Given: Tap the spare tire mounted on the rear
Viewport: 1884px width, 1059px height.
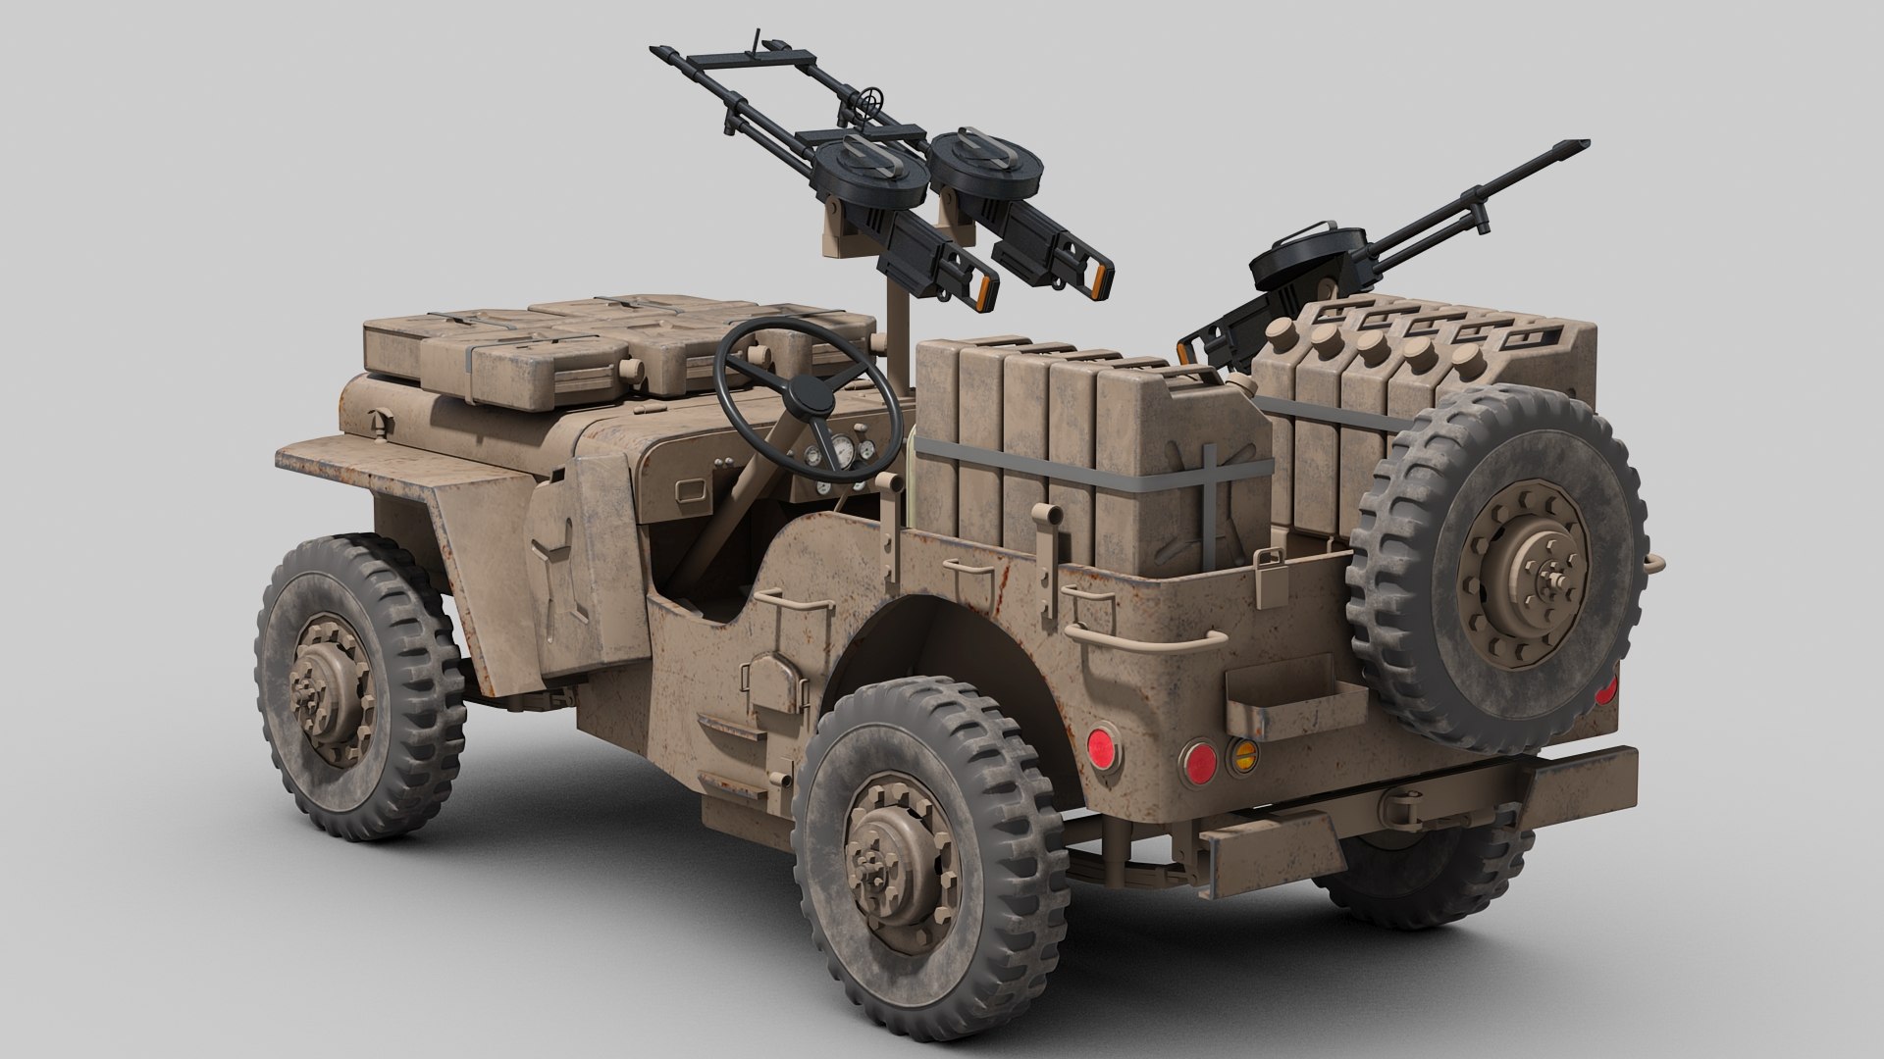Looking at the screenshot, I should click(1495, 569).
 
